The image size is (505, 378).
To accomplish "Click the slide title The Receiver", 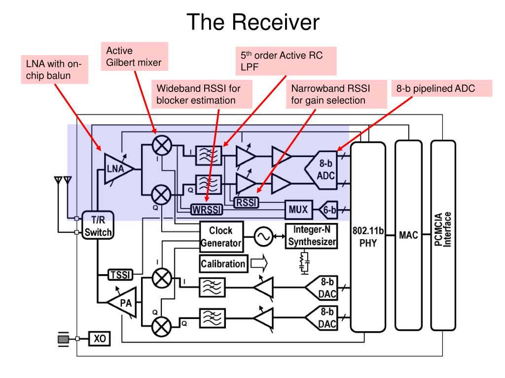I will coord(253,22).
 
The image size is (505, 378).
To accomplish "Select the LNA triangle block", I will coord(117,170).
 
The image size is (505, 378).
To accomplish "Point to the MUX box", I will coord(299,211).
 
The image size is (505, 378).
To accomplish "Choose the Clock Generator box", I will coord(221,236).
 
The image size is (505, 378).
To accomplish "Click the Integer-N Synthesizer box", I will coord(312,236).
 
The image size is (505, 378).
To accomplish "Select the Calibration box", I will coord(223,263).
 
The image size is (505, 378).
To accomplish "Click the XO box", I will coord(100,339).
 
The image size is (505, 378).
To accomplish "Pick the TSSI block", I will coord(119,275).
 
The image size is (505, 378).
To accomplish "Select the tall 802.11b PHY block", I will coord(368,236).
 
